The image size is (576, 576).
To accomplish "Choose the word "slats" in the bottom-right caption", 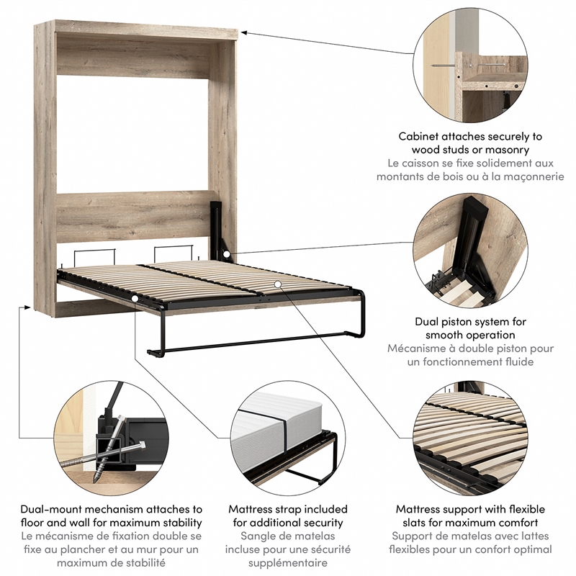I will [x=409, y=523].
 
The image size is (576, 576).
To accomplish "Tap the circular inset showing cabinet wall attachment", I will [x=470, y=65].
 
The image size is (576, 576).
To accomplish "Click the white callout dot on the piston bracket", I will [x=227, y=253].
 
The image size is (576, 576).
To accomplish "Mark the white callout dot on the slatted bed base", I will [x=278, y=284].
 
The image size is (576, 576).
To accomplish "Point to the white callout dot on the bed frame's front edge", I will [x=135, y=298].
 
